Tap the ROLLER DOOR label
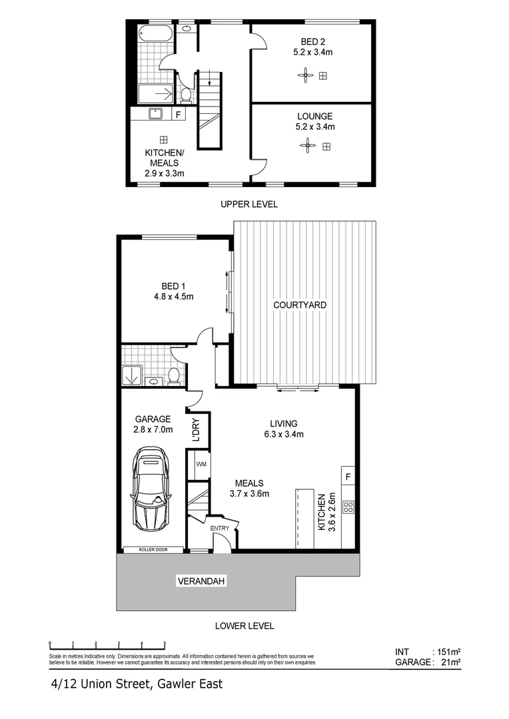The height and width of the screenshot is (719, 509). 153,550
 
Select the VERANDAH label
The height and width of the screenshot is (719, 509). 201,582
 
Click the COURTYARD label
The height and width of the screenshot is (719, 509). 300,305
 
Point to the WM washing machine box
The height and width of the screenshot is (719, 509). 200,464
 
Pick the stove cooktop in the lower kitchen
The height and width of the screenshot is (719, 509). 347,507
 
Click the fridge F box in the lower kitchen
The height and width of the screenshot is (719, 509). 348,477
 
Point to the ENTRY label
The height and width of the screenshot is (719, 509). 219,529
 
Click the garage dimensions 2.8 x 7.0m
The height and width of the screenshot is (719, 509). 153,429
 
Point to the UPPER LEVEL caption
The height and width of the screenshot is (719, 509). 249,204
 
